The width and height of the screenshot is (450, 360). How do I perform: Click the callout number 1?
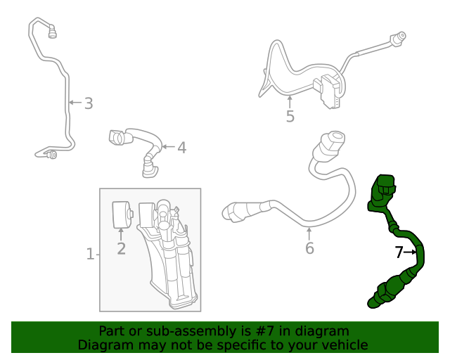pyautogui.click(x=90, y=254)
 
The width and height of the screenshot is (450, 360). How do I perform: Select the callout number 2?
pyautogui.click(x=121, y=248)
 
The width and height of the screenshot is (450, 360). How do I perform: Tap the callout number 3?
pyautogui.click(x=88, y=103)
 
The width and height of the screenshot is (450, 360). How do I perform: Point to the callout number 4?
pyautogui.click(x=181, y=148)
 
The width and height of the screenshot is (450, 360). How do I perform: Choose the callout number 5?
pyautogui.click(x=290, y=116)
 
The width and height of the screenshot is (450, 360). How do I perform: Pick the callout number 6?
pyautogui.click(x=309, y=247)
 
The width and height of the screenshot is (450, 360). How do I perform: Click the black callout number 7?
pyautogui.click(x=399, y=252)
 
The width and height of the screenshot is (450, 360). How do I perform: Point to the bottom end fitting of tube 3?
pyautogui.click(x=51, y=154)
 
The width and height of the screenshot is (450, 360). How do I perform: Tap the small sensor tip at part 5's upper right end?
pyautogui.click(x=400, y=35)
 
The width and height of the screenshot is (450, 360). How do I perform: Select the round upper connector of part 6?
pyautogui.click(x=331, y=143)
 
